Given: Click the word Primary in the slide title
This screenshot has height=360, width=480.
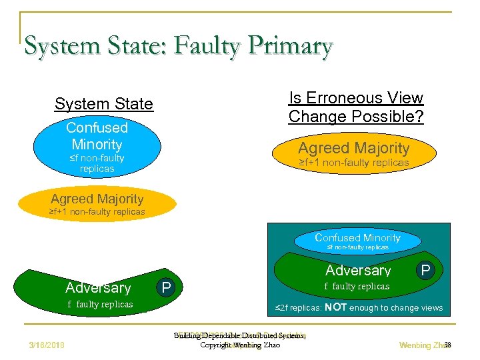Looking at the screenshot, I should (x=292, y=46).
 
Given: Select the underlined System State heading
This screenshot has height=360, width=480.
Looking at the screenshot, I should (x=103, y=104).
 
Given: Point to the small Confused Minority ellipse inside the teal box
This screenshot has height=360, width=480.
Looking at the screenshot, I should (x=357, y=241).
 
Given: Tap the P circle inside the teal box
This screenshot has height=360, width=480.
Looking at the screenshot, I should (x=424, y=269).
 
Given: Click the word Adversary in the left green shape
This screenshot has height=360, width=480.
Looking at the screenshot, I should (x=98, y=288).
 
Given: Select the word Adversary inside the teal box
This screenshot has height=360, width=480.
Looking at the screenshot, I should (x=358, y=271).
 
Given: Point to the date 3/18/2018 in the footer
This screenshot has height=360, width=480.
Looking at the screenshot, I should (x=52, y=345).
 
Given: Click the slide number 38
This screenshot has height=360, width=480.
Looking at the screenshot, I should (x=447, y=345).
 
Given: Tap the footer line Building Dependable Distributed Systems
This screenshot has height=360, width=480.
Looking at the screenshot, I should (x=240, y=336).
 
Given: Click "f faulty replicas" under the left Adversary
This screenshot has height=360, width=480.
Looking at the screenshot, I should (x=100, y=305).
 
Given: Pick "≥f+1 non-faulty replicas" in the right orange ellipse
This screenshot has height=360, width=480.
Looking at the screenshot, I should (x=354, y=163).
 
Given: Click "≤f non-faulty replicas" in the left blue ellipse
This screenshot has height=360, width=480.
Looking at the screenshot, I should (x=97, y=163).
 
